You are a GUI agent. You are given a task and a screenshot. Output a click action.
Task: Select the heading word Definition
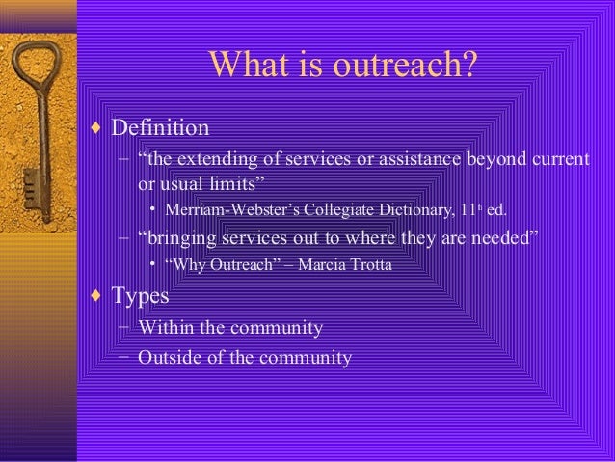[x=160, y=127]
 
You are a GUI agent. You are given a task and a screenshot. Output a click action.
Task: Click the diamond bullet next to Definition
[x=97, y=127]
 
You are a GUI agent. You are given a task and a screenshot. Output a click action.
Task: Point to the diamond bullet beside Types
[x=97, y=295]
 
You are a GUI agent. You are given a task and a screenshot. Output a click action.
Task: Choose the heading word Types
[x=141, y=295]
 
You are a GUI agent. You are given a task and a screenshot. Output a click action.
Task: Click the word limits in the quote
[x=228, y=182]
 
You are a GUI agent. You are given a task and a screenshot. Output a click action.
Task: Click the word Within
[x=165, y=328]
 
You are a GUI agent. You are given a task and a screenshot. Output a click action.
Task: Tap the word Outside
[x=169, y=357]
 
